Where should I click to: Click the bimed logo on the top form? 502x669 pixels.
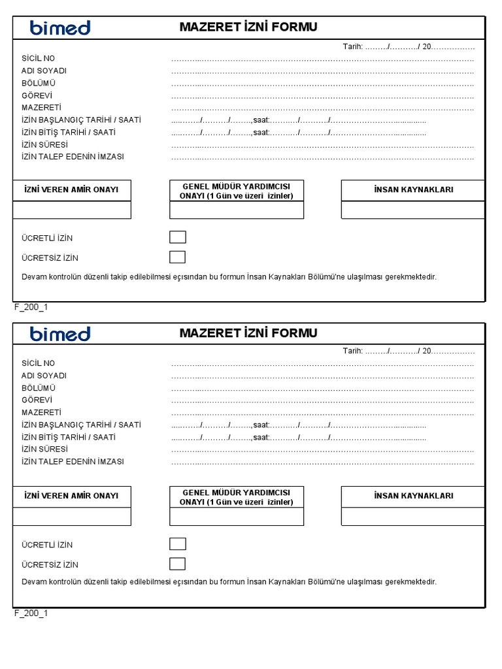point(60,27)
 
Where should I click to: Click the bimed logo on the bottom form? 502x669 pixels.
point(60,334)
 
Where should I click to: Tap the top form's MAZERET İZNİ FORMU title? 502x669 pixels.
point(248,27)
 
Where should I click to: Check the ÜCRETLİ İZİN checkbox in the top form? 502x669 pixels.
point(177,237)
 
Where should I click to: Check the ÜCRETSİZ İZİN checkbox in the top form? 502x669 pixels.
point(177,257)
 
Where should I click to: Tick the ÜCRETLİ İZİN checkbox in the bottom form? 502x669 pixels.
point(177,544)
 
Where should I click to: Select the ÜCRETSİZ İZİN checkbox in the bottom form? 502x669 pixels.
point(177,563)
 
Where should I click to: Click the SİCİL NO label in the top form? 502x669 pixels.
point(39,59)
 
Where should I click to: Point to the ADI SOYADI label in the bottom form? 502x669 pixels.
point(44,376)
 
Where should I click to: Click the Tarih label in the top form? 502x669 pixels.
point(352,46)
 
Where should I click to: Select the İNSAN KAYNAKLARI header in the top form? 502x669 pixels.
point(413,189)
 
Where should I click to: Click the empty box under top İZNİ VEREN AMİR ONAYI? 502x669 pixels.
point(72,210)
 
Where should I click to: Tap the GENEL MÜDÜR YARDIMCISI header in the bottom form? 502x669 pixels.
point(237,493)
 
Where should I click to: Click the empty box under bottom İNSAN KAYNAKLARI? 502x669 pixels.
point(413,516)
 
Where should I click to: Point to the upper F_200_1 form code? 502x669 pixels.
point(31,307)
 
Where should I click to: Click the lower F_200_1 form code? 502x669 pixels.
point(31,613)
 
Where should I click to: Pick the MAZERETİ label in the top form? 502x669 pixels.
point(41,108)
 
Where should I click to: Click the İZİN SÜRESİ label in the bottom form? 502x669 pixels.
point(44,449)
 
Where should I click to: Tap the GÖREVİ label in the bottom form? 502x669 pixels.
point(37,400)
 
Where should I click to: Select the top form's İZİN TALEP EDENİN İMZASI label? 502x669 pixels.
point(73,157)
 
